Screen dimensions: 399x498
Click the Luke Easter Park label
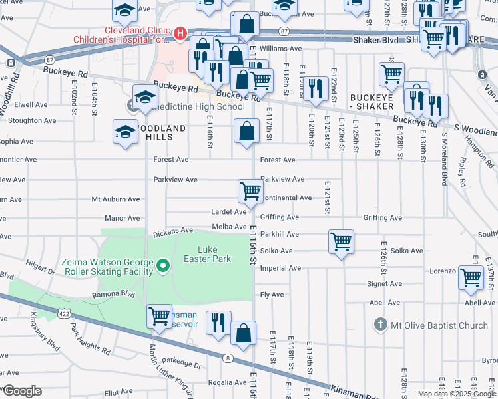point(207,253)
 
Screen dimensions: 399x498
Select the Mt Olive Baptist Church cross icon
point(380,325)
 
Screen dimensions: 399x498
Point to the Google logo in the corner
point(22,391)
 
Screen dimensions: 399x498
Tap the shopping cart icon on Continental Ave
point(250,192)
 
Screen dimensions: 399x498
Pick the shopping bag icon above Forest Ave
point(246,130)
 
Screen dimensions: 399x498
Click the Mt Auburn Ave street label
point(116,199)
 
